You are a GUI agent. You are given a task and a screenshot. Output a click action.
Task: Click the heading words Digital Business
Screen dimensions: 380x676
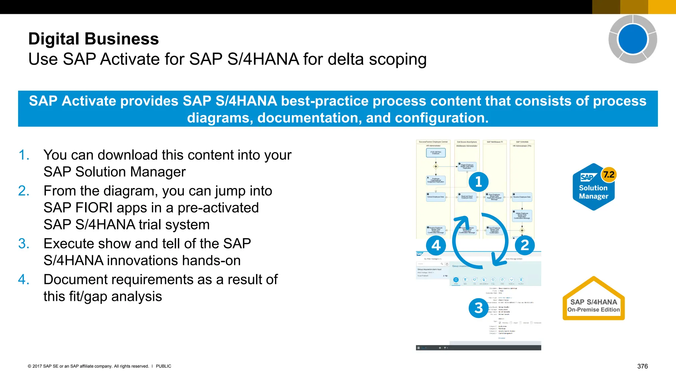click(x=93, y=39)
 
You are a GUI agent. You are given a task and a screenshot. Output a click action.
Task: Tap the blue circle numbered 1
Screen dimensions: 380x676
click(x=478, y=182)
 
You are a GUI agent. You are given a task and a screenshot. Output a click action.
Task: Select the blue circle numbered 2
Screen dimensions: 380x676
click(x=524, y=245)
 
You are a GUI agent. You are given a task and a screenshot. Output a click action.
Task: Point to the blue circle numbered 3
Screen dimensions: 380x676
click(x=478, y=308)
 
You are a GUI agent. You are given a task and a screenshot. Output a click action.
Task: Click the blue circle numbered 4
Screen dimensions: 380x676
click(x=436, y=245)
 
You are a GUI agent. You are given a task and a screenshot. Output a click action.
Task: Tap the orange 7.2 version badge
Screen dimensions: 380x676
click(x=609, y=174)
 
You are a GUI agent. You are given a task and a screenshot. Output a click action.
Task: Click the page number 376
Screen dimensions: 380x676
click(x=642, y=366)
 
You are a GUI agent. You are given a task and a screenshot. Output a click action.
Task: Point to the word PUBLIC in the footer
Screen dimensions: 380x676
click(x=163, y=366)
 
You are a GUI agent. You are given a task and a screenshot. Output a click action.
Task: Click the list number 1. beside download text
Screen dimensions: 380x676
click(x=24, y=155)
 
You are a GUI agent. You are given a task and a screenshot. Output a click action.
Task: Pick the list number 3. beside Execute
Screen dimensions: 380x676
click(x=24, y=244)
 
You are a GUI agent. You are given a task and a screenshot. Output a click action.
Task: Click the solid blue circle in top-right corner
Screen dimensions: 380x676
click(x=632, y=39)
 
